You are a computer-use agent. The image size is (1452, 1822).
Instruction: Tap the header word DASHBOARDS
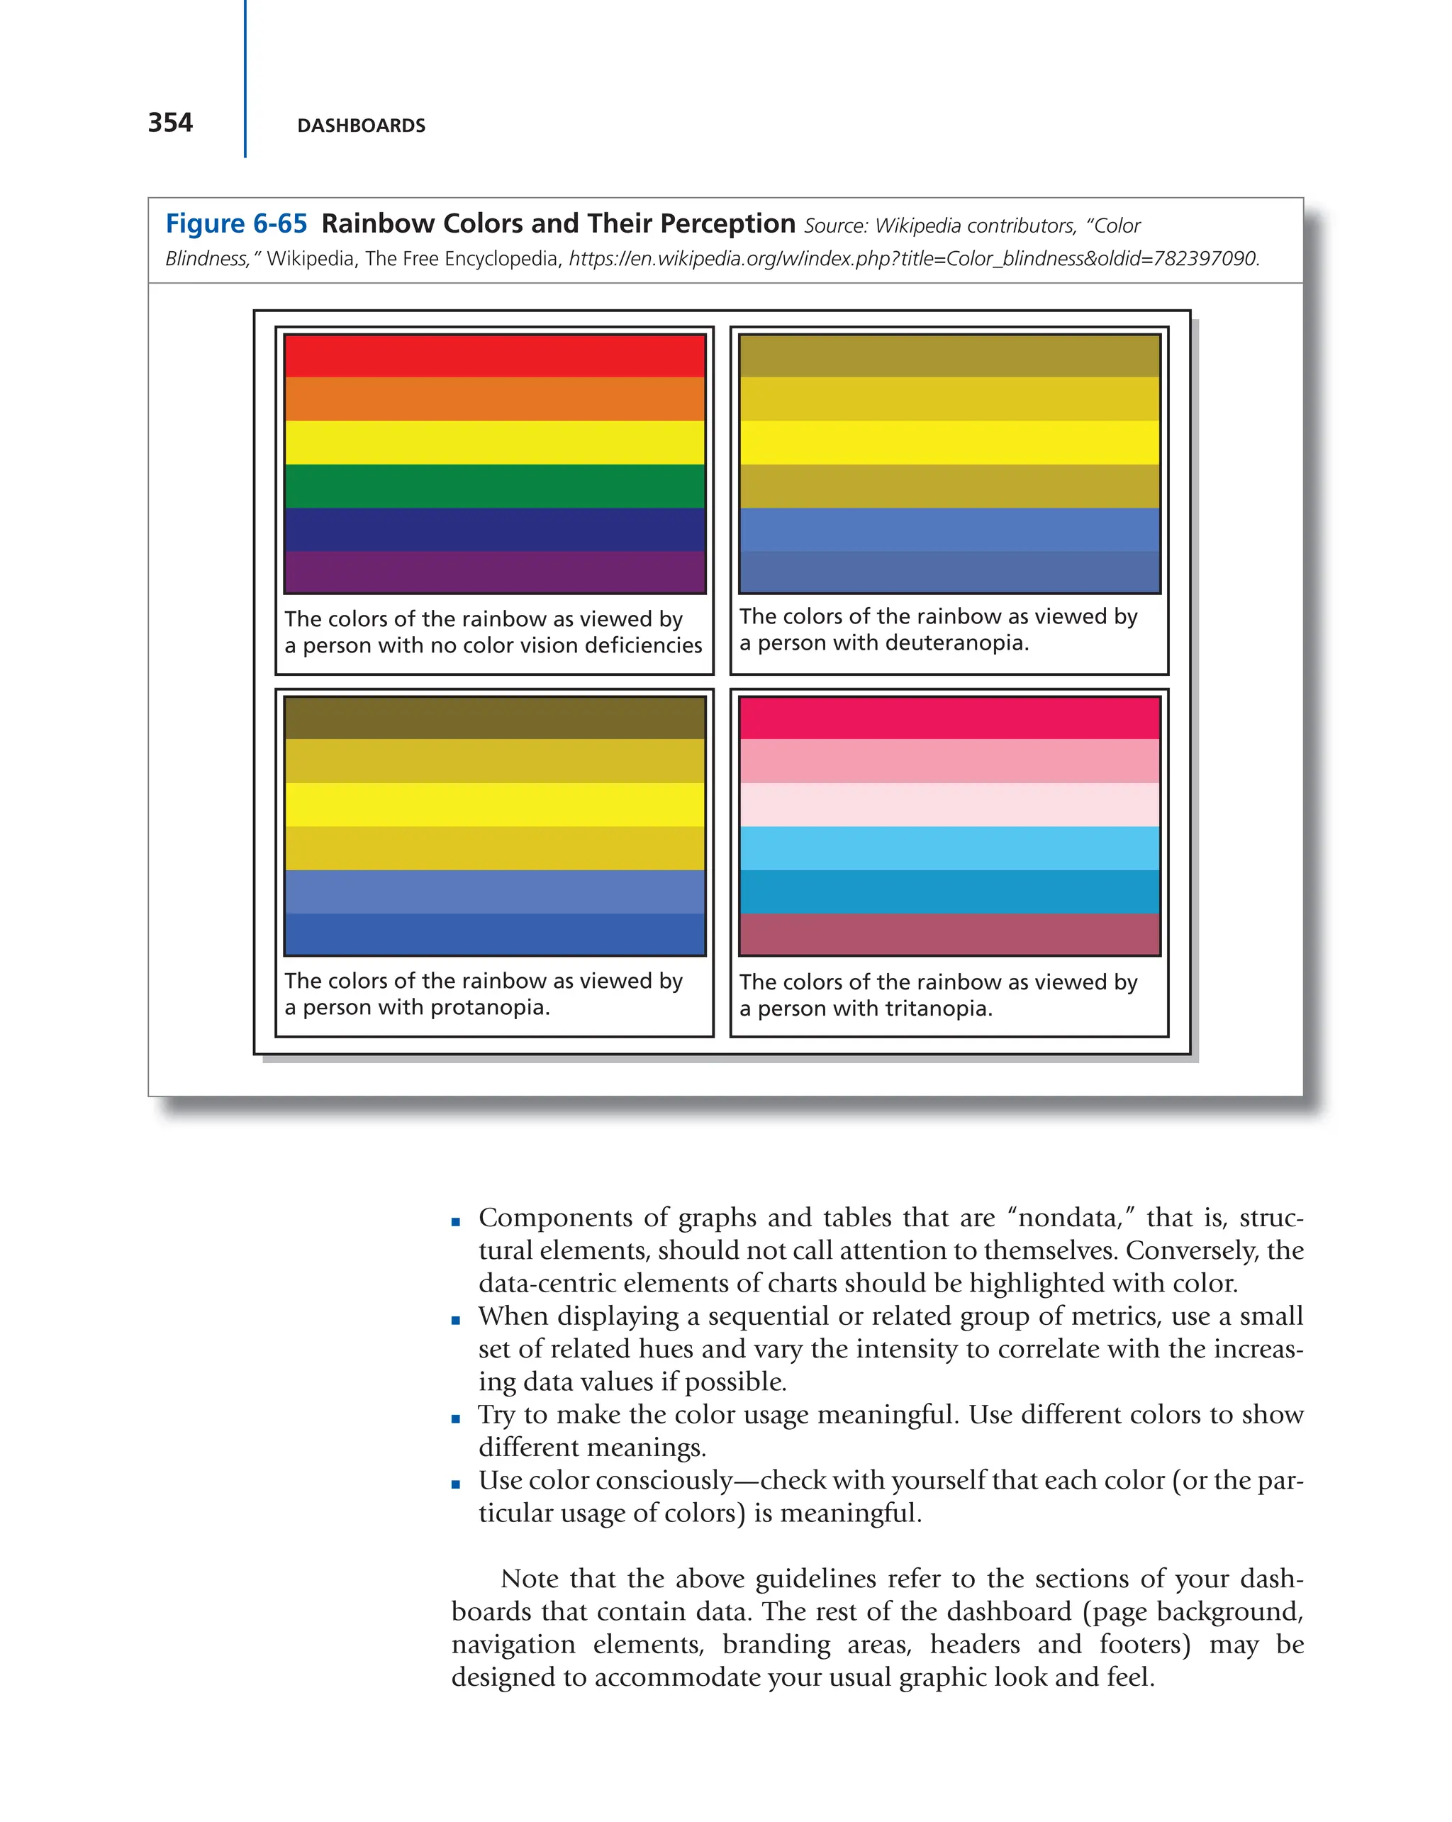(x=361, y=126)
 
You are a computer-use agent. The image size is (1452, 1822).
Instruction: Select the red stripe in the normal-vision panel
(x=494, y=356)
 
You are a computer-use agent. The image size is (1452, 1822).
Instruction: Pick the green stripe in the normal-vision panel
(x=494, y=486)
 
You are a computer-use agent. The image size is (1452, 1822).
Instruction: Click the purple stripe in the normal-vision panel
(x=494, y=572)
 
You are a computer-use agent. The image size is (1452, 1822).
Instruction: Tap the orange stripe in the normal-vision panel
(x=494, y=399)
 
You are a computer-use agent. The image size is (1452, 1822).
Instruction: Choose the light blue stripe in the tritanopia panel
(x=949, y=848)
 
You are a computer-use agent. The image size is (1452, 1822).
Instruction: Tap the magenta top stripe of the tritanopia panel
(x=949, y=718)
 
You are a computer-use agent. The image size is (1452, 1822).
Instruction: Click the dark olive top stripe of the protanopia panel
(x=494, y=718)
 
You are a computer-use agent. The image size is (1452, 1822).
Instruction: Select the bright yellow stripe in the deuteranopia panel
(x=949, y=442)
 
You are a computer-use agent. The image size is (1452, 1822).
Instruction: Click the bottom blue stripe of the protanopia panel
(x=494, y=935)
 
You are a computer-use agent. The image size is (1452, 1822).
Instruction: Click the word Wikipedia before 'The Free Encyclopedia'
(x=309, y=259)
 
